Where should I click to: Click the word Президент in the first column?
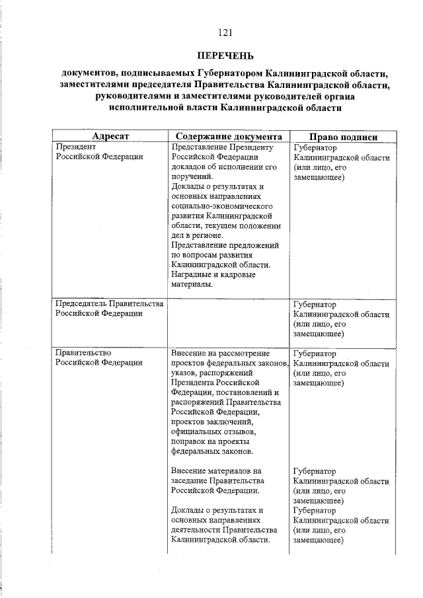pos(77,147)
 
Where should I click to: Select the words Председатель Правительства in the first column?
pos(109,305)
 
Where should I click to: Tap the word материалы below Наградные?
pos(192,285)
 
